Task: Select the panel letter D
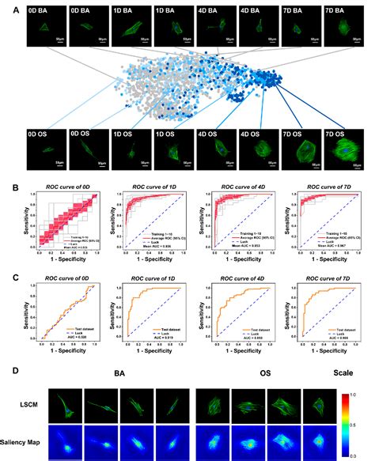click(x=6, y=370)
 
